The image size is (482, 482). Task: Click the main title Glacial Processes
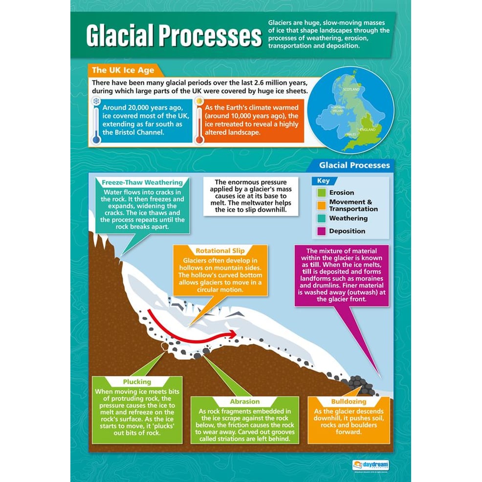[174, 36]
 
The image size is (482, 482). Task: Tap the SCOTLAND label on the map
[351, 89]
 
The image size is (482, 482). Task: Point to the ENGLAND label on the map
[368, 130]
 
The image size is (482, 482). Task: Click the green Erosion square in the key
[321, 193]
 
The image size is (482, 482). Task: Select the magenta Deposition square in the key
[321, 231]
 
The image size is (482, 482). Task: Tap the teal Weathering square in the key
[321, 218]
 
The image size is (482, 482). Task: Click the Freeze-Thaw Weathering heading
[142, 183]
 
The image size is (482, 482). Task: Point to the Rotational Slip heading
[220, 251]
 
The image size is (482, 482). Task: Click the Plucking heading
[137, 382]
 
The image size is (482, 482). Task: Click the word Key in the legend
[324, 181]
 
